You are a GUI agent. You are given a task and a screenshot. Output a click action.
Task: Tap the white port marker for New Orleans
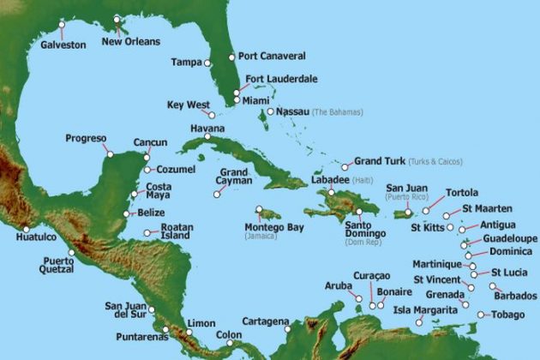pyautogui.click(x=117, y=19)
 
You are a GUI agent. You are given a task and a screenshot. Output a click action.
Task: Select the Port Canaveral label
pyautogui.click(x=272, y=57)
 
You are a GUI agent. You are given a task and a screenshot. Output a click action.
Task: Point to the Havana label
pyautogui.click(x=207, y=129)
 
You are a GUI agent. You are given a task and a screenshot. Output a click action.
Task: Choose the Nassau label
pyautogui.click(x=291, y=111)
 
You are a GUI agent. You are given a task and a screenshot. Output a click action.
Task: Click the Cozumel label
pyautogui.click(x=176, y=170)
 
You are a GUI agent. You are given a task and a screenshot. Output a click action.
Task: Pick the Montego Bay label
pyautogui.click(x=273, y=227)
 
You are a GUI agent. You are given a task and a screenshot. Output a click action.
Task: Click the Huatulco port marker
pyautogui.click(x=27, y=229)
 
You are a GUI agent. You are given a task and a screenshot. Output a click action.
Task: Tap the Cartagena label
pyautogui.click(x=265, y=321)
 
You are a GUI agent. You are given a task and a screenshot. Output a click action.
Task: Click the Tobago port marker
pyautogui.click(x=482, y=315)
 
